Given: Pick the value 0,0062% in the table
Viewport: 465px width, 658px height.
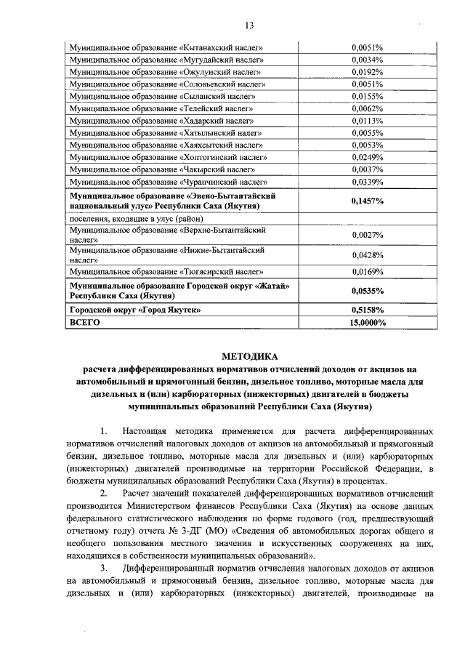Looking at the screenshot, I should click(367, 108).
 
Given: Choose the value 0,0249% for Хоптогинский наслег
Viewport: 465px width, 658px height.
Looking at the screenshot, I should click(367, 157).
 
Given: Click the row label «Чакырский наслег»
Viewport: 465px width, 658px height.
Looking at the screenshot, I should click(166, 169).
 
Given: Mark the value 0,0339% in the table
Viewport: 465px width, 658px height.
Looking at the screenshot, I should click(367, 182).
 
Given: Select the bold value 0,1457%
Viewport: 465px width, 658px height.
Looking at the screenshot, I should click(367, 201).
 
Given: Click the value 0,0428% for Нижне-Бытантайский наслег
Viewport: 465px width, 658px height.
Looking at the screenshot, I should click(367, 255).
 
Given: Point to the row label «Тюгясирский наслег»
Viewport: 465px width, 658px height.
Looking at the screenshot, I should click(166, 272).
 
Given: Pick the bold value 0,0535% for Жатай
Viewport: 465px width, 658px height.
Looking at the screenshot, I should click(367, 291).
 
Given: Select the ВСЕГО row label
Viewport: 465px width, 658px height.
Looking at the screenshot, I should click(83, 321).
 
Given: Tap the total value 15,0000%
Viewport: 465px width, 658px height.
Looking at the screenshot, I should click(367, 321).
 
